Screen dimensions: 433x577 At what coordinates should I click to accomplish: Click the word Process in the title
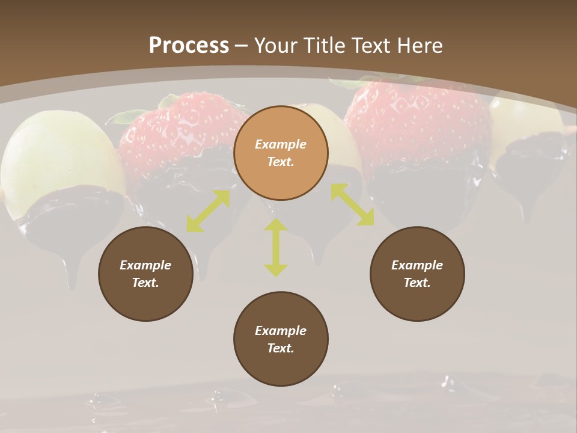[189, 46]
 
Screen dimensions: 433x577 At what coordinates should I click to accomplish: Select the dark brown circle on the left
[145, 274]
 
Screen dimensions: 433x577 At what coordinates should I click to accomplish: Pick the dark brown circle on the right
[417, 274]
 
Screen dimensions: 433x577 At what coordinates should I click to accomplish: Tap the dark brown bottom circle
[281, 339]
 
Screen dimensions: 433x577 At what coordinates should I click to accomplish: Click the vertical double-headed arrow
[276, 247]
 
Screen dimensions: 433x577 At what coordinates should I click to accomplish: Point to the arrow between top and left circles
[208, 211]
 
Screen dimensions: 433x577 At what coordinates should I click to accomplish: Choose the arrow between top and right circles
[352, 204]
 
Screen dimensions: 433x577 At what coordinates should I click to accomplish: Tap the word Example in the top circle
[281, 144]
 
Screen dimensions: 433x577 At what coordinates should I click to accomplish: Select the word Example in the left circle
[145, 265]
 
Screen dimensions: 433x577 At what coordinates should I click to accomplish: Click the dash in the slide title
[242, 46]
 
